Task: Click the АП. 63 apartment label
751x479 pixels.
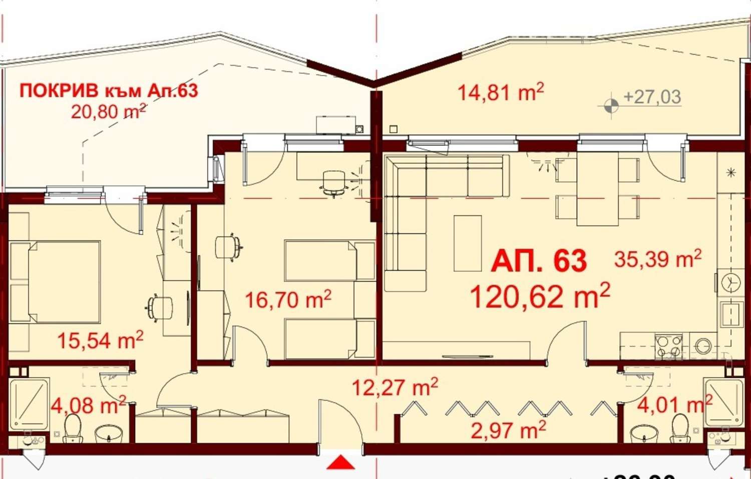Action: pos(538,261)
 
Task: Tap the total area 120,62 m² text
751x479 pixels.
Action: pos(540,296)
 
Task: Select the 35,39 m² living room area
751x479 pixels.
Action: pos(657,259)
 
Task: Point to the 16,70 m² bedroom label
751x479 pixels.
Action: pos(288,300)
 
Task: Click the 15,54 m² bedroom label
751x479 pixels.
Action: pos(100,340)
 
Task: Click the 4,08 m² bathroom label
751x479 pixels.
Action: pos(88,405)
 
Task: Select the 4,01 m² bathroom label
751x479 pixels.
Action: pos(674,404)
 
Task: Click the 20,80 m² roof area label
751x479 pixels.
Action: pos(108,111)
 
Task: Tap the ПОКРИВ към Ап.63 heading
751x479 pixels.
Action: pos(109,91)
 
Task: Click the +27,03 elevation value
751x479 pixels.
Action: pos(652,97)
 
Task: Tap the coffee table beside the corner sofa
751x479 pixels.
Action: pos(468,243)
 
